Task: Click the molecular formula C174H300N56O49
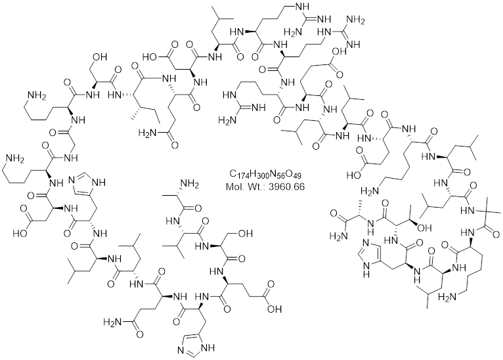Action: (x=265, y=175)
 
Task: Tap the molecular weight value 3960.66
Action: (x=287, y=187)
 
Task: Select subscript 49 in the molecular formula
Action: (x=297, y=177)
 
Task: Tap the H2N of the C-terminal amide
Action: (x=338, y=236)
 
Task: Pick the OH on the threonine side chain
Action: (x=424, y=227)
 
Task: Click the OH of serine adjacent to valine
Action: (x=246, y=233)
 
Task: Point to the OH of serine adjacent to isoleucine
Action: (x=100, y=57)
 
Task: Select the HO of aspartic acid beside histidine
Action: (x=20, y=233)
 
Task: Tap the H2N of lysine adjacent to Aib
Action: (x=447, y=297)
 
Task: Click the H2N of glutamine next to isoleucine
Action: (x=147, y=132)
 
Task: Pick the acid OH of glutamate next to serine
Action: (x=274, y=309)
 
